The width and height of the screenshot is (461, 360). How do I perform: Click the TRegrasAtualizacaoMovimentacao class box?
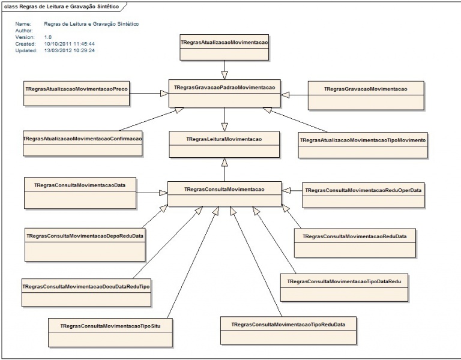[224, 47]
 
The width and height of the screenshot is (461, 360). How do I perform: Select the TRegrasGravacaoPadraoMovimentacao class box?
[224, 93]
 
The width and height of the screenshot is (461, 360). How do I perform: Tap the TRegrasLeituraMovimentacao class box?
[224, 144]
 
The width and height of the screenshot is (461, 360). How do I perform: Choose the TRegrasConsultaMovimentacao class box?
[224, 194]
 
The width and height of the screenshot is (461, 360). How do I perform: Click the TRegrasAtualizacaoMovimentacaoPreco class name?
[76, 89]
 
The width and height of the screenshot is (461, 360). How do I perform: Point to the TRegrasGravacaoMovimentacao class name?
[366, 89]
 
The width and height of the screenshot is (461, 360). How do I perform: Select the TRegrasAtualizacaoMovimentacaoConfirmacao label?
[83, 139]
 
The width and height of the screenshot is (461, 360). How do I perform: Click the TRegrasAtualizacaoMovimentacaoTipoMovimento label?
[363, 140]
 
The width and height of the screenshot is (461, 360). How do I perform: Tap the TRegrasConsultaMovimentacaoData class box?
[80, 193]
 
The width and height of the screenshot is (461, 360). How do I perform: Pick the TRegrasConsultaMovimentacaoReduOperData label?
[363, 190]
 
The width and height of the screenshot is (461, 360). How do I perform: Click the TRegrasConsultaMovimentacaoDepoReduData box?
[85, 245]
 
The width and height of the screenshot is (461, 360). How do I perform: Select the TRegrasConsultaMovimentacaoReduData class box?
[355, 243]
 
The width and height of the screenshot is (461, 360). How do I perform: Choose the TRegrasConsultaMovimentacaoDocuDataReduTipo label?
[86, 287]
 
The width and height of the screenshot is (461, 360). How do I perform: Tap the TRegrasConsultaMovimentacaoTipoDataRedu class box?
[345, 288]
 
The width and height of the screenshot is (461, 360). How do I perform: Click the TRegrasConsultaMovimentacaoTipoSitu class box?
[110, 332]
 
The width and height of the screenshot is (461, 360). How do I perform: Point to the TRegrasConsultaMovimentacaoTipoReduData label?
[288, 325]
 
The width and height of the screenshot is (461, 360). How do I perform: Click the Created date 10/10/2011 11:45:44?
[70, 44]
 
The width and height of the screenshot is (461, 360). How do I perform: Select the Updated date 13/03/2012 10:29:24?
[70, 50]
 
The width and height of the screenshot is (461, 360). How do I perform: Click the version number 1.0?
[48, 37]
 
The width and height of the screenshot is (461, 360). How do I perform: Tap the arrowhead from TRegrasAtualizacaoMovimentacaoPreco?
[164, 93]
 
